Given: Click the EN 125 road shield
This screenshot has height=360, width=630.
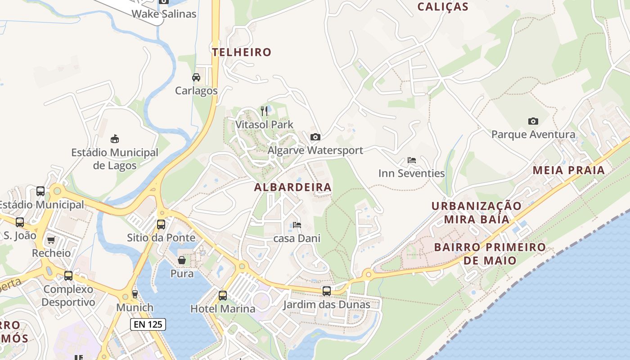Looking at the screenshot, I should point(148,324).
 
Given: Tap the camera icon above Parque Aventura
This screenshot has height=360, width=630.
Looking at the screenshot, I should point(533,121).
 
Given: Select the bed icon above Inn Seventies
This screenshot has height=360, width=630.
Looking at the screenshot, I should point(411,160).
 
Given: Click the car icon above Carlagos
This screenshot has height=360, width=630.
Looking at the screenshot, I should point(196,77).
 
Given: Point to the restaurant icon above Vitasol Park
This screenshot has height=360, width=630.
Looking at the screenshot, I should point(264,111).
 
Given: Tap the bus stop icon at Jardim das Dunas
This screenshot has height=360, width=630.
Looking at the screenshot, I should point(326,291).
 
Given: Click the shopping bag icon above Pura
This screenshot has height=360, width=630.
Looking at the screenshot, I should point(182,260).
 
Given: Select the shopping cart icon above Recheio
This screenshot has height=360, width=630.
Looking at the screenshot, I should point(51,240).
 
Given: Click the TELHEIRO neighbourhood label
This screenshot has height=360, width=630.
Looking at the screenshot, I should point(242,52).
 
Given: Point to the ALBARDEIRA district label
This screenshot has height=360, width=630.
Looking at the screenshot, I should point(293,187).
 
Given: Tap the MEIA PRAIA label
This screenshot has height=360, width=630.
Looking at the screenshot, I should point(569,171).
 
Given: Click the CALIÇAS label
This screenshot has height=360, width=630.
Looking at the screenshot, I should point(443,7).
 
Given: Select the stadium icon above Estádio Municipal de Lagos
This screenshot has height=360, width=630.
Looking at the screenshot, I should point(115,139).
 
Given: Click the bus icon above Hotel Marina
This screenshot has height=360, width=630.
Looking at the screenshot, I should point(223,295).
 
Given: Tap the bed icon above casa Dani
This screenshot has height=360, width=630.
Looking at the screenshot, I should point(297,225).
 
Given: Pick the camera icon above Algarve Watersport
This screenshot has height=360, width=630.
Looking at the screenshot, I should point(315,137).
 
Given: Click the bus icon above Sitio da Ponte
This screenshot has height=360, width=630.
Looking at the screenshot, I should point(161,224).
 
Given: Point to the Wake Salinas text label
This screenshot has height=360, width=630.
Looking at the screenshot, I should point(164,14).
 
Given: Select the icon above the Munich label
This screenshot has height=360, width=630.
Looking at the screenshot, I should point(135,294).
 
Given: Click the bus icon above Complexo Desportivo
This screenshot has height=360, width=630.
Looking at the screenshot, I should point(68,276).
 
